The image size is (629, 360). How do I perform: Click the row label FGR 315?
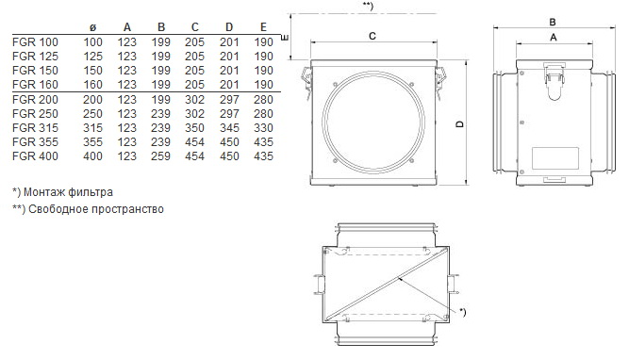click(35, 128)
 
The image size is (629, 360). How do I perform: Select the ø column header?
click(92, 27)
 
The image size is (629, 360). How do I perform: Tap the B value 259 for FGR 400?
click(161, 155)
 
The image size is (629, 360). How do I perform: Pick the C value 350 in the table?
click(194, 128)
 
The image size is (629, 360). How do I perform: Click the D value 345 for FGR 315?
click(229, 128)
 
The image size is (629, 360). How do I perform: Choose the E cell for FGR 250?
click(263, 114)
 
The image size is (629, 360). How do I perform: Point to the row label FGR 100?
click(35, 42)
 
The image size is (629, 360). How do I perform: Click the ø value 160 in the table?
click(92, 85)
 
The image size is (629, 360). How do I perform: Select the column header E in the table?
click(263, 27)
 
